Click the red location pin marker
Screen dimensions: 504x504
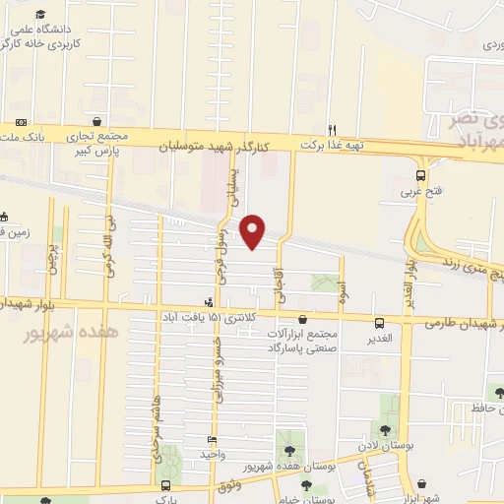click(x=255, y=230)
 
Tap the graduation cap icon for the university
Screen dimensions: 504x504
click(x=40, y=15)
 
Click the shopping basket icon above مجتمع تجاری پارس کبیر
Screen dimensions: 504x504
click(x=96, y=121)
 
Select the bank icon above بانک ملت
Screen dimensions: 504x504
click(x=21, y=122)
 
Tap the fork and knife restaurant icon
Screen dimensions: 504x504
click(x=333, y=129)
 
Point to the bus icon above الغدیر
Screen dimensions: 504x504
click(x=379, y=323)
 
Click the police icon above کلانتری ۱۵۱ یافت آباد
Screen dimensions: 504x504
click(x=209, y=302)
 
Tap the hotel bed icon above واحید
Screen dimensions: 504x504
click(x=211, y=440)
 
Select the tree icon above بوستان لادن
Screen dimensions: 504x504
click(x=382, y=430)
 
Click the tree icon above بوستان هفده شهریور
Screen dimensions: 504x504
click(x=289, y=450)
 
